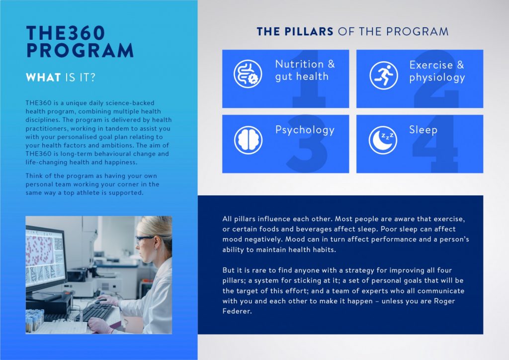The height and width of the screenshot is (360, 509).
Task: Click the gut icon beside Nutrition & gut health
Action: pyautogui.click(x=248, y=74)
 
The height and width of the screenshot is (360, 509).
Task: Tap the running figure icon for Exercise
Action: pyautogui.click(x=383, y=75)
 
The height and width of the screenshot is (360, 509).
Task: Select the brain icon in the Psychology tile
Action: pyautogui.click(x=248, y=140)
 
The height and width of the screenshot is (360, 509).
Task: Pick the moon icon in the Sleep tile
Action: pyautogui.click(x=383, y=140)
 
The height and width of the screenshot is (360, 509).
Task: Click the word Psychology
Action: pyautogui.click(x=305, y=130)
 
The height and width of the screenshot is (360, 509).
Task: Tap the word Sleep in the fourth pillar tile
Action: pyautogui.click(x=423, y=130)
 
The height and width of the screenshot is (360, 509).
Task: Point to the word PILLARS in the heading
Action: pyautogui.click(x=309, y=31)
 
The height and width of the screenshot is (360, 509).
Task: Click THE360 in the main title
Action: pyautogui.click(x=66, y=33)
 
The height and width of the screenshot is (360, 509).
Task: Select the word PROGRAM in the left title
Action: pyautogui.click(x=80, y=50)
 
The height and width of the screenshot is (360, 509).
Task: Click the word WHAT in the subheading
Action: pyautogui.click(x=43, y=77)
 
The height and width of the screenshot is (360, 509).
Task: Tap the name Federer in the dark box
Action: pyautogui.click(x=237, y=311)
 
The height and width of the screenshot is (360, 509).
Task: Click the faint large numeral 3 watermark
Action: pyautogui.click(x=307, y=144)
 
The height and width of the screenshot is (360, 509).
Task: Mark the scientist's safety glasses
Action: pyautogui.click(x=144, y=240)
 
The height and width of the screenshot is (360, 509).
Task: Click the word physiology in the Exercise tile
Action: pyautogui.click(x=437, y=78)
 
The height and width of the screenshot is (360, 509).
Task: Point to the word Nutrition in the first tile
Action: pyautogui.click(x=299, y=64)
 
